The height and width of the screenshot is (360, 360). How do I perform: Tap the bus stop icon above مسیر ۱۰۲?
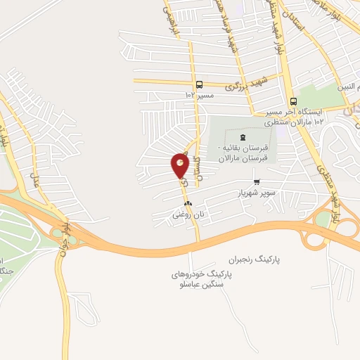point(200,83)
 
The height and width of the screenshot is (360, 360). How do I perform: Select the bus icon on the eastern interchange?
point(313,218)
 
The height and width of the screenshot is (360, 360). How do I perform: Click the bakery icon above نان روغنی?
point(187,204)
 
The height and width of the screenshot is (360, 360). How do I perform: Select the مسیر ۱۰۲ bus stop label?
point(199,94)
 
